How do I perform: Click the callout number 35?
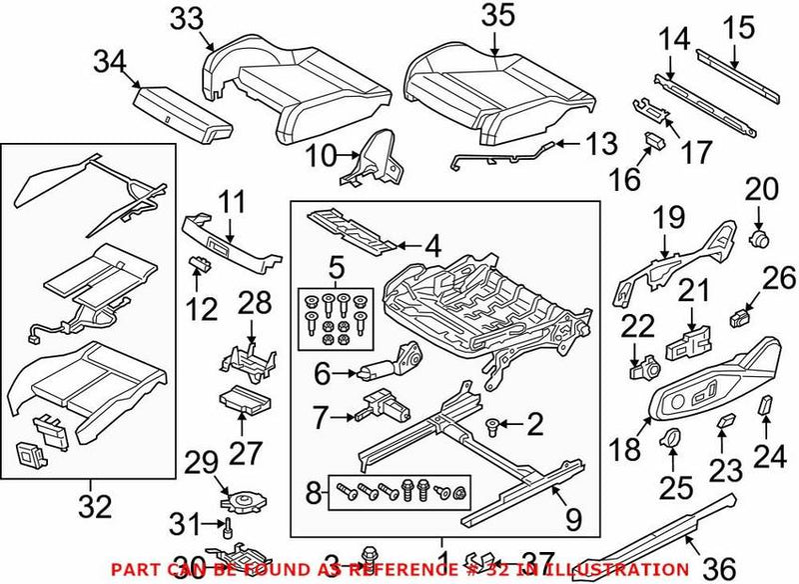496,18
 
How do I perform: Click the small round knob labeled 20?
760,238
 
